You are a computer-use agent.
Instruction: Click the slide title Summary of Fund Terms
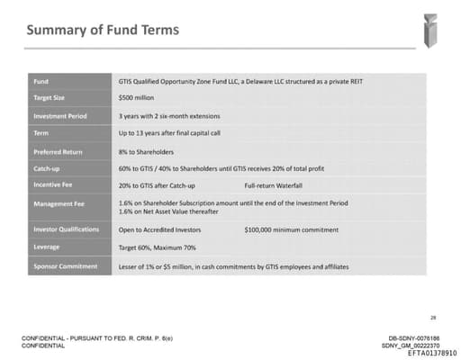[102, 31]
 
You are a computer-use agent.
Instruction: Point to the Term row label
[41, 133]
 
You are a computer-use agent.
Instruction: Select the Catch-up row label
[48, 168]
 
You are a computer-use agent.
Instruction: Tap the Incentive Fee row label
[53, 185]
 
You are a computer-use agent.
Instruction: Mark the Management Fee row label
[59, 203]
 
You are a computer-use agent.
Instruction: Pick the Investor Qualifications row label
[66, 229]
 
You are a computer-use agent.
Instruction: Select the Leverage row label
[48, 247]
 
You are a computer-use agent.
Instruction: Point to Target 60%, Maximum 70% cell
[157, 247]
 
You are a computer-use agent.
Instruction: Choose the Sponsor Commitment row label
[65, 266]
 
